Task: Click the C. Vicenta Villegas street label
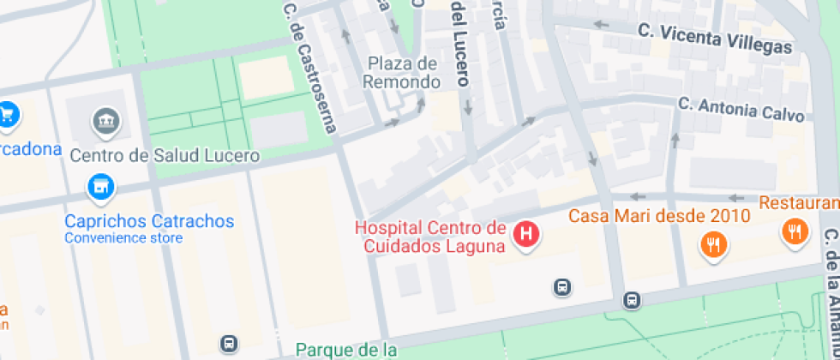(x=715, y=38)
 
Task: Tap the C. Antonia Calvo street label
(x=742, y=110)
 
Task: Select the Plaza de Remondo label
(x=402, y=73)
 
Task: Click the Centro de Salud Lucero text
(x=165, y=155)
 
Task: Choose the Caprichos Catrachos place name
(x=149, y=221)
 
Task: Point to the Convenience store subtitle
(x=123, y=237)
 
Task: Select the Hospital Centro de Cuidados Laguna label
(x=430, y=237)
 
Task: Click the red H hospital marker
(x=525, y=233)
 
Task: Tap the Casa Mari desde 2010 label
(x=659, y=214)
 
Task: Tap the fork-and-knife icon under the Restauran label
(x=795, y=231)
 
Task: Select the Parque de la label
(x=346, y=349)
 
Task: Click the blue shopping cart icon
(x=8, y=112)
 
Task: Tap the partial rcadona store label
(x=31, y=149)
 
